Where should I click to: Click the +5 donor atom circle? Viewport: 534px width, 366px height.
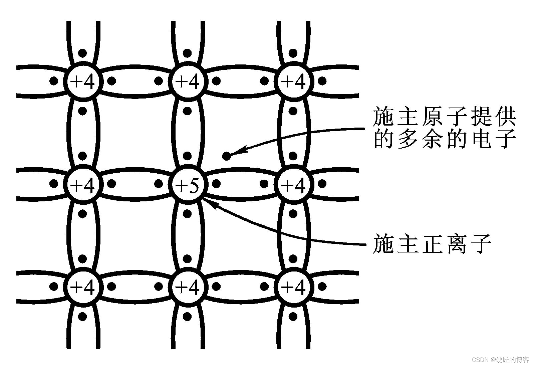pyautogui.click(x=188, y=184)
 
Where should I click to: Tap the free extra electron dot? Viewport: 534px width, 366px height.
pyautogui.click(x=226, y=156)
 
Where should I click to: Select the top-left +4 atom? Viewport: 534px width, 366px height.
pyautogui.click(x=83, y=81)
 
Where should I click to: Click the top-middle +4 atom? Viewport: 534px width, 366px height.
pyautogui.click(x=188, y=81)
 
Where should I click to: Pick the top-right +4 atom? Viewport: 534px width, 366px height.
pyautogui.click(x=293, y=81)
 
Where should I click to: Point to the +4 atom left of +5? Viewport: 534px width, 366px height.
pyautogui.click(x=83, y=184)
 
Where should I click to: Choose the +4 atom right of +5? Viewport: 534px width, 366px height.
pyautogui.click(x=293, y=184)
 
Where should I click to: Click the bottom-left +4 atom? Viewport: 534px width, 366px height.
pyautogui.click(x=83, y=287)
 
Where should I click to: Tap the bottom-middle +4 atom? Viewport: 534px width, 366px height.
pyautogui.click(x=188, y=287)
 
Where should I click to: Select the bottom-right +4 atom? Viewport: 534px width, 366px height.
pyautogui.click(x=293, y=287)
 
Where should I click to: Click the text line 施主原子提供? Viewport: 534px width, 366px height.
pyautogui.click(x=444, y=117)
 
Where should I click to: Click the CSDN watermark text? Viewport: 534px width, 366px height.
pyautogui.click(x=500, y=359)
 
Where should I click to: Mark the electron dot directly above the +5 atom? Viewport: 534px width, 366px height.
pyautogui.click(x=187, y=156)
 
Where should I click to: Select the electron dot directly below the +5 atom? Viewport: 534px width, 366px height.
pyautogui.click(x=187, y=213)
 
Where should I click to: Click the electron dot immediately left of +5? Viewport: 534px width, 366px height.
pyautogui.click(x=159, y=183)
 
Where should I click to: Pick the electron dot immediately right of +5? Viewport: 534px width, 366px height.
pyautogui.click(x=216, y=183)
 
